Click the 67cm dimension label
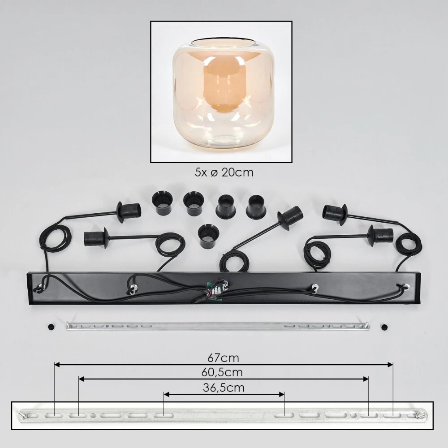click(x=223, y=358)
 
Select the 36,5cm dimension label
click(x=224, y=388)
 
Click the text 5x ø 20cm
click(x=224, y=172)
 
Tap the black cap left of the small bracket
click(x=52, y=326)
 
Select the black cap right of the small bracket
click(x=384, y=327)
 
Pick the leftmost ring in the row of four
click(x=161, y=203)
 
